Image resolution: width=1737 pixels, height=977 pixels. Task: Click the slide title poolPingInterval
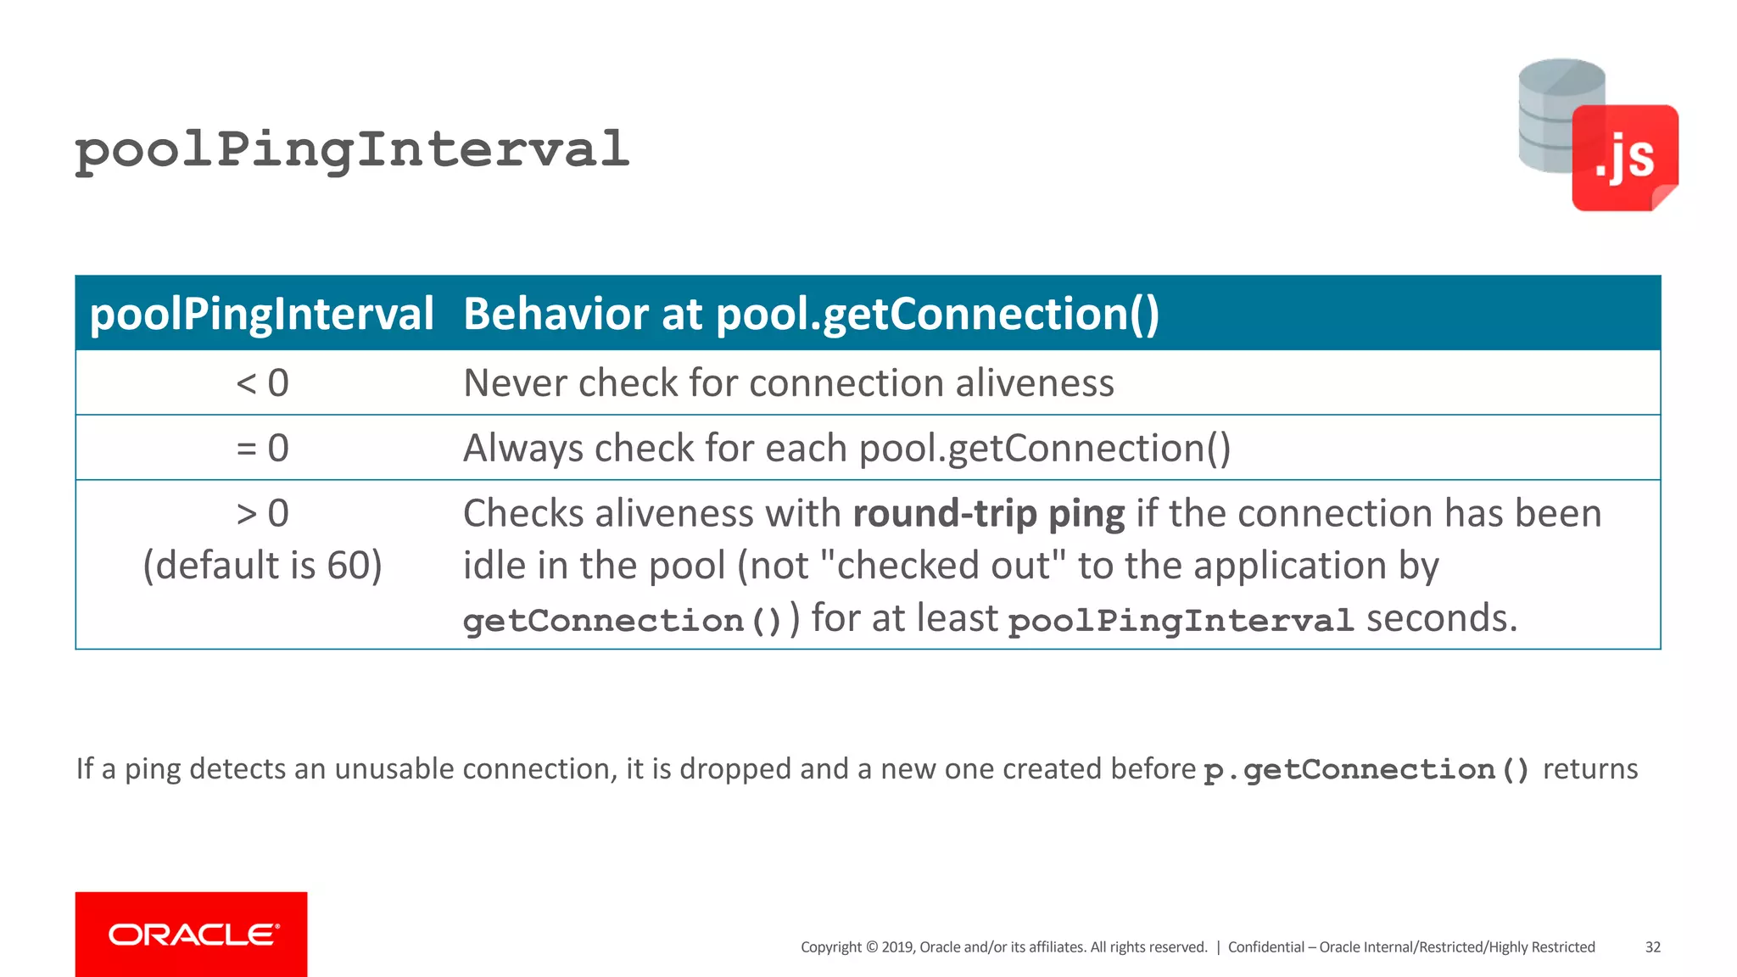(x=352, y=150)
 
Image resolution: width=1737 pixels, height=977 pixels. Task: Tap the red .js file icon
(x=1624, y=159)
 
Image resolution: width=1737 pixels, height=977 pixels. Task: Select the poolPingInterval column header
(x=261, y=314)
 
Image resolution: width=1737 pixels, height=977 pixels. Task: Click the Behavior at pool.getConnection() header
(x=811, y=314)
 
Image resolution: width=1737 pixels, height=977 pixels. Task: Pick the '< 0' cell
(x=262, y=383)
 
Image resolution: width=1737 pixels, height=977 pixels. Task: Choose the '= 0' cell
(x=262, y=448)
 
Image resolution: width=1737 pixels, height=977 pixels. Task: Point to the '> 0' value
(x=262, y=513)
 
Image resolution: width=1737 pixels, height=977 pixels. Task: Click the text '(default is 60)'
(x=262, y=565)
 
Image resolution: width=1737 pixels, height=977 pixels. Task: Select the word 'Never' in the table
(x=514, y=383)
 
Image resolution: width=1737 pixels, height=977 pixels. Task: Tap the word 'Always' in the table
(x=522, y=448)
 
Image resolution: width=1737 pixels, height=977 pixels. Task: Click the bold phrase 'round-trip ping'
(x=988, y=513)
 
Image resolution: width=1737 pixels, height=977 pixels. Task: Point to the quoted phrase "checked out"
(x=944, y=565)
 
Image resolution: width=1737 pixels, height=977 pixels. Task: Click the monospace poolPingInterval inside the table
(x=1180, y=620)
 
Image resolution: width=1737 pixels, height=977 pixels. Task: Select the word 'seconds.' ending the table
(x=1441, y=618)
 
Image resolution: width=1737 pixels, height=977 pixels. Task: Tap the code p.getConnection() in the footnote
(x=1366, y=770)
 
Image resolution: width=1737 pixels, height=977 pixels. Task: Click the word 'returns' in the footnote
(x=1589, y=768)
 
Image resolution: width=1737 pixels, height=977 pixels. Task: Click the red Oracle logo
(x=191, y=934)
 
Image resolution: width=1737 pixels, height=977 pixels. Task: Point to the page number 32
(x=1652, y=947)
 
